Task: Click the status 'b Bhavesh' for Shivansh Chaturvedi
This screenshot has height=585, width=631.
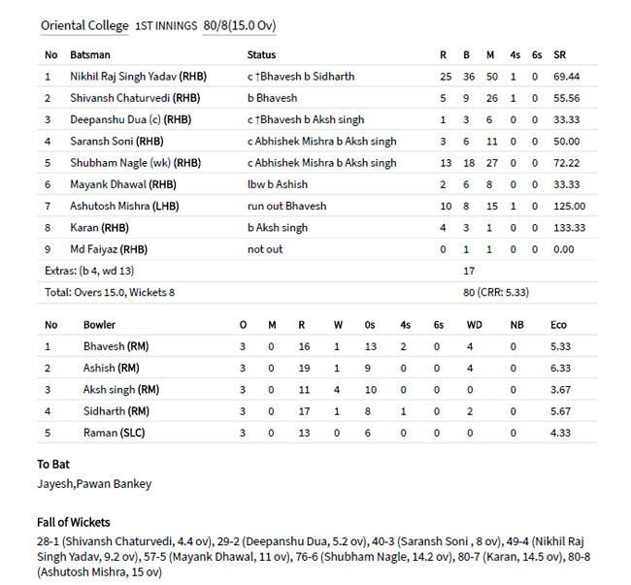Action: [x=272, y=97]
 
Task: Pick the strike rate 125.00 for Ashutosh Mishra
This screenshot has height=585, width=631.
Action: [x=569, y=206]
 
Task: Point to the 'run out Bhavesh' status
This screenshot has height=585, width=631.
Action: [x=287, y=206]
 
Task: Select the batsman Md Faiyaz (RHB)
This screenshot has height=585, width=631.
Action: [x=109, y=249]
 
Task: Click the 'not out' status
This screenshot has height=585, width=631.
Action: [x=264, y=249]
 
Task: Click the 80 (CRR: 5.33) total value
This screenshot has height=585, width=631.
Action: [x=495, y=291]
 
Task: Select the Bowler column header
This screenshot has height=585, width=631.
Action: [x=100, y=324]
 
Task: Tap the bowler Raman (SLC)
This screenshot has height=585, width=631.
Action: [x=114, y=433]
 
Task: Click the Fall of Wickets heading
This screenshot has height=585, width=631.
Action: [x=74, y=522]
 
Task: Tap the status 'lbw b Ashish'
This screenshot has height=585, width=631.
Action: [x=279, y=184]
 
